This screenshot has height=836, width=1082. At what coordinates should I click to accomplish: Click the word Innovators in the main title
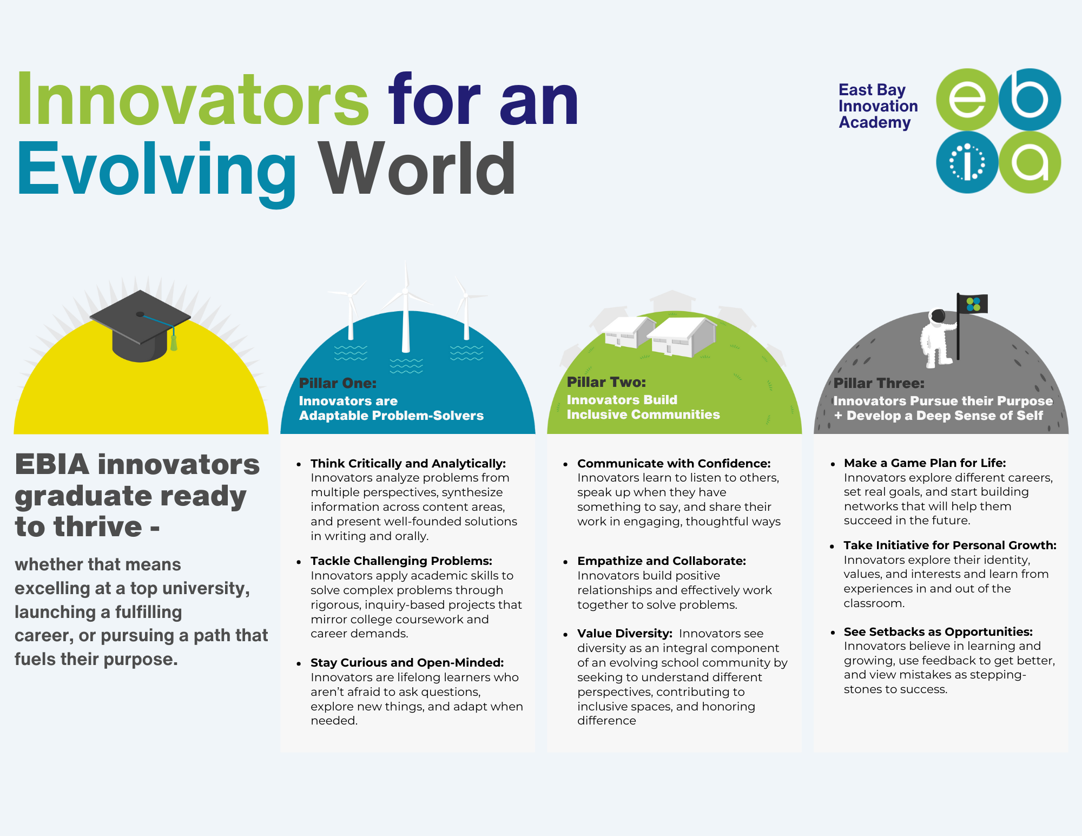coord(193,100)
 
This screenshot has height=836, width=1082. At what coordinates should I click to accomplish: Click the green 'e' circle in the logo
coord(967,100)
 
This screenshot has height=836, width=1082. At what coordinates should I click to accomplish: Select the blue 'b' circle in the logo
coord(1030,100)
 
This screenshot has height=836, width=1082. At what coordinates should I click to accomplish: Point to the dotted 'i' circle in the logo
coord(967,162)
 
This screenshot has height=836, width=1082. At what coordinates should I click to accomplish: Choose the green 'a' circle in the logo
coord(1030,162)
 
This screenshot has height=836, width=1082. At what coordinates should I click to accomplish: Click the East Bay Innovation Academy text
coord(878,106)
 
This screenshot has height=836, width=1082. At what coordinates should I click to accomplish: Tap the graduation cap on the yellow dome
coord(140,325)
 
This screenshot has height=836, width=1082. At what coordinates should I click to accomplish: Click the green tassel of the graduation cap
coord(174,343)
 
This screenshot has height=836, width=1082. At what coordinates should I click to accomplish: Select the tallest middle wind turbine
coord(406,308)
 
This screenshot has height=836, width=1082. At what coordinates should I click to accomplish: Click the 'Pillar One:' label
coord(338,383)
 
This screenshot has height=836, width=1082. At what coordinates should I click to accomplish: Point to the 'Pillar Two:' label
coord(606,382)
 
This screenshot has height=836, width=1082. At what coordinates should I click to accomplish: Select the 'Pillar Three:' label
coord(879,383)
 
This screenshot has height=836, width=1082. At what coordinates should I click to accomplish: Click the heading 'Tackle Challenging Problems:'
coord(401,561)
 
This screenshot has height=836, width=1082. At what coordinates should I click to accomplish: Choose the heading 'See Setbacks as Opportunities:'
coord(938,631)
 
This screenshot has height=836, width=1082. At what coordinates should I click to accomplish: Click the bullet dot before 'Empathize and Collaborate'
coord(565,562)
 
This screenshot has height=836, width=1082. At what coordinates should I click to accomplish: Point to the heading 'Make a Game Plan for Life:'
coord(925,463)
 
